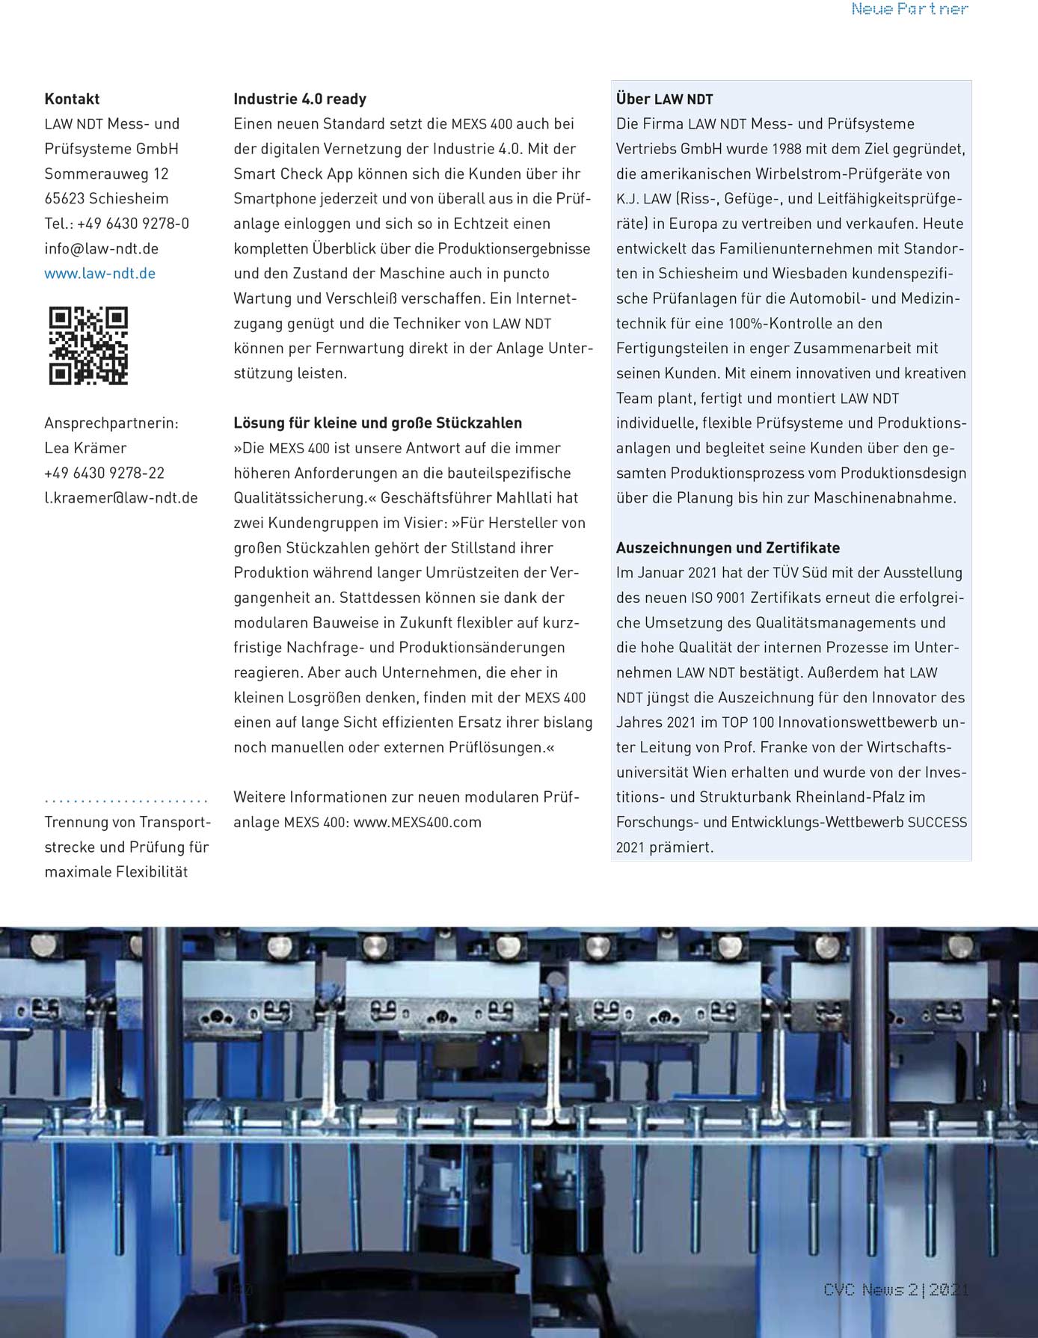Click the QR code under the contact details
(88, 346)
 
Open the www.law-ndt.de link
(100, 274)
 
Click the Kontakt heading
(72, 99)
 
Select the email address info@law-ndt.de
(101, 248)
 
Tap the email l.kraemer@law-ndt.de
(121, 498)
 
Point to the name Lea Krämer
(85, 448)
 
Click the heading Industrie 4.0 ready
(300, 99)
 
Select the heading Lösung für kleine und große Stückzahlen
(378, 423)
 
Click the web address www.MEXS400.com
(417, 822)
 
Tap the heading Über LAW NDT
(664, 99)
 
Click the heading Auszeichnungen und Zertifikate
(728, 547)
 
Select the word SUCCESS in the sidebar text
(937, 822)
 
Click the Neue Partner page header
(909, 10)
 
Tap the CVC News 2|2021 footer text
(895, 1289)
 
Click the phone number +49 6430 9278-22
(104, 473)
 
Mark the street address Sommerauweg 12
(106, 174)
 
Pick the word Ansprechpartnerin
(111, 423)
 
